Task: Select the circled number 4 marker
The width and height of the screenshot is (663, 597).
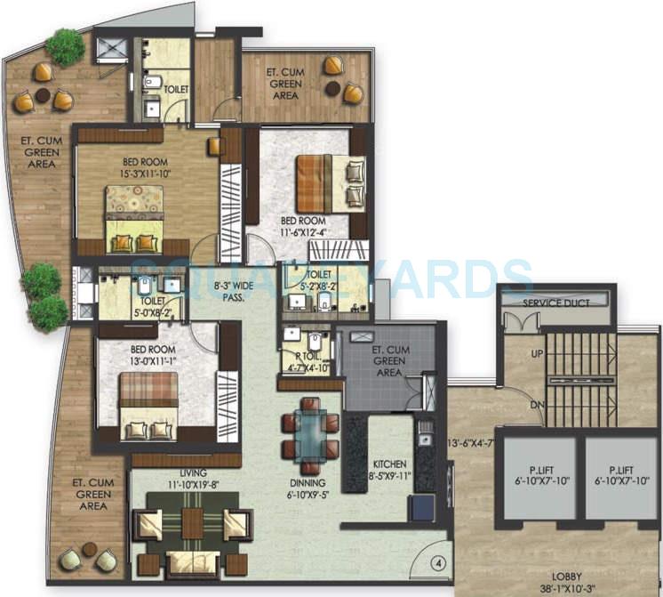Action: point(439,561)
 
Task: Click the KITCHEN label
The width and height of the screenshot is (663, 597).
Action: point(389,464)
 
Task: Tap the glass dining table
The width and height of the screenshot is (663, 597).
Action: point(311,434)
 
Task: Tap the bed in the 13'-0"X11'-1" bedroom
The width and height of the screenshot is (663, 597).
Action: point(148,405)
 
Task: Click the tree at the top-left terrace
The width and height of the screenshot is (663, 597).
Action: point(65,46)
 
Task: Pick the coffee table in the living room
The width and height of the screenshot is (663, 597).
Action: point(192,524)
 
